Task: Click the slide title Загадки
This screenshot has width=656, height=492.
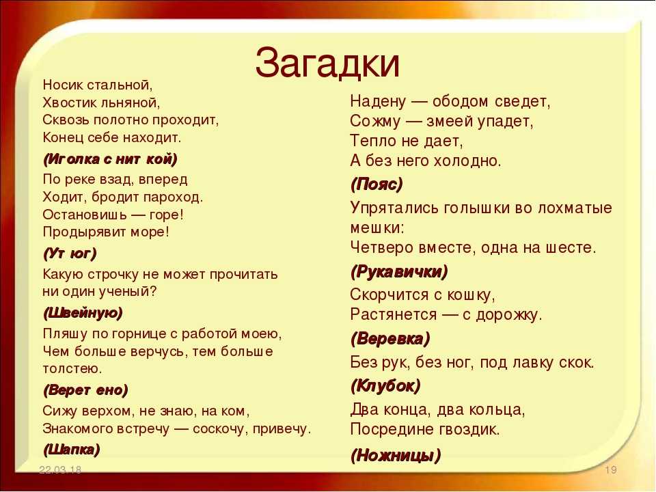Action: (327, 63)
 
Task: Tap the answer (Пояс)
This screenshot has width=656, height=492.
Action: (377, 184)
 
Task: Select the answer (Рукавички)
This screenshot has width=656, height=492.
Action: (399, 272)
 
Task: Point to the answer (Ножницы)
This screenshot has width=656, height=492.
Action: (396, 455)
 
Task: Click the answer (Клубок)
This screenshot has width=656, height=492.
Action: (385, 385)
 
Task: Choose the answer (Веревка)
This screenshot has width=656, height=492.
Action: (390, 338)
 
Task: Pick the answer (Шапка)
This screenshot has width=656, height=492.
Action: (72, 450)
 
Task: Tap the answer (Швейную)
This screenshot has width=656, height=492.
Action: (83, 313)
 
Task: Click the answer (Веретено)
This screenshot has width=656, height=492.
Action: (85, 390)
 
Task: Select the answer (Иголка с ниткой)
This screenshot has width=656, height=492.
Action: (110, 159)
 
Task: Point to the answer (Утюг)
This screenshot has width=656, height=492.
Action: (70, 253)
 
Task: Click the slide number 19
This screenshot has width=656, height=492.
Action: (611, 469)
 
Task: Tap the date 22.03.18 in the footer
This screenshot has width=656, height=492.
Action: (60, 469)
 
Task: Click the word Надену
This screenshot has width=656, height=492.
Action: (378, 101)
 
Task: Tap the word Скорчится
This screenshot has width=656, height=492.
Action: (389, 295)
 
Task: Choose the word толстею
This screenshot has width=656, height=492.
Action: (72, 368)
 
